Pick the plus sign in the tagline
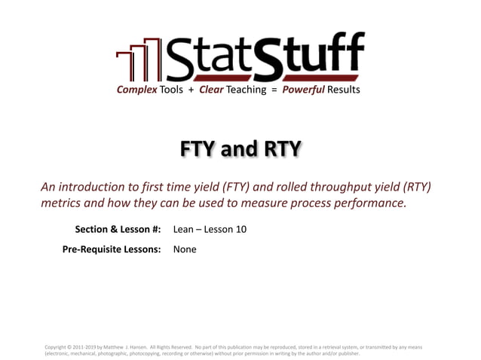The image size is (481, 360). tap(191, 90)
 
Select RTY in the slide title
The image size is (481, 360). tap(280, 150)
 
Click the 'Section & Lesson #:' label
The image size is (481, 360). tap(118, 230)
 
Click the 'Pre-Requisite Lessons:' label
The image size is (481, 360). tap(112, 249)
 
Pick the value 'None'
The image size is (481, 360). tap(185, 249)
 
